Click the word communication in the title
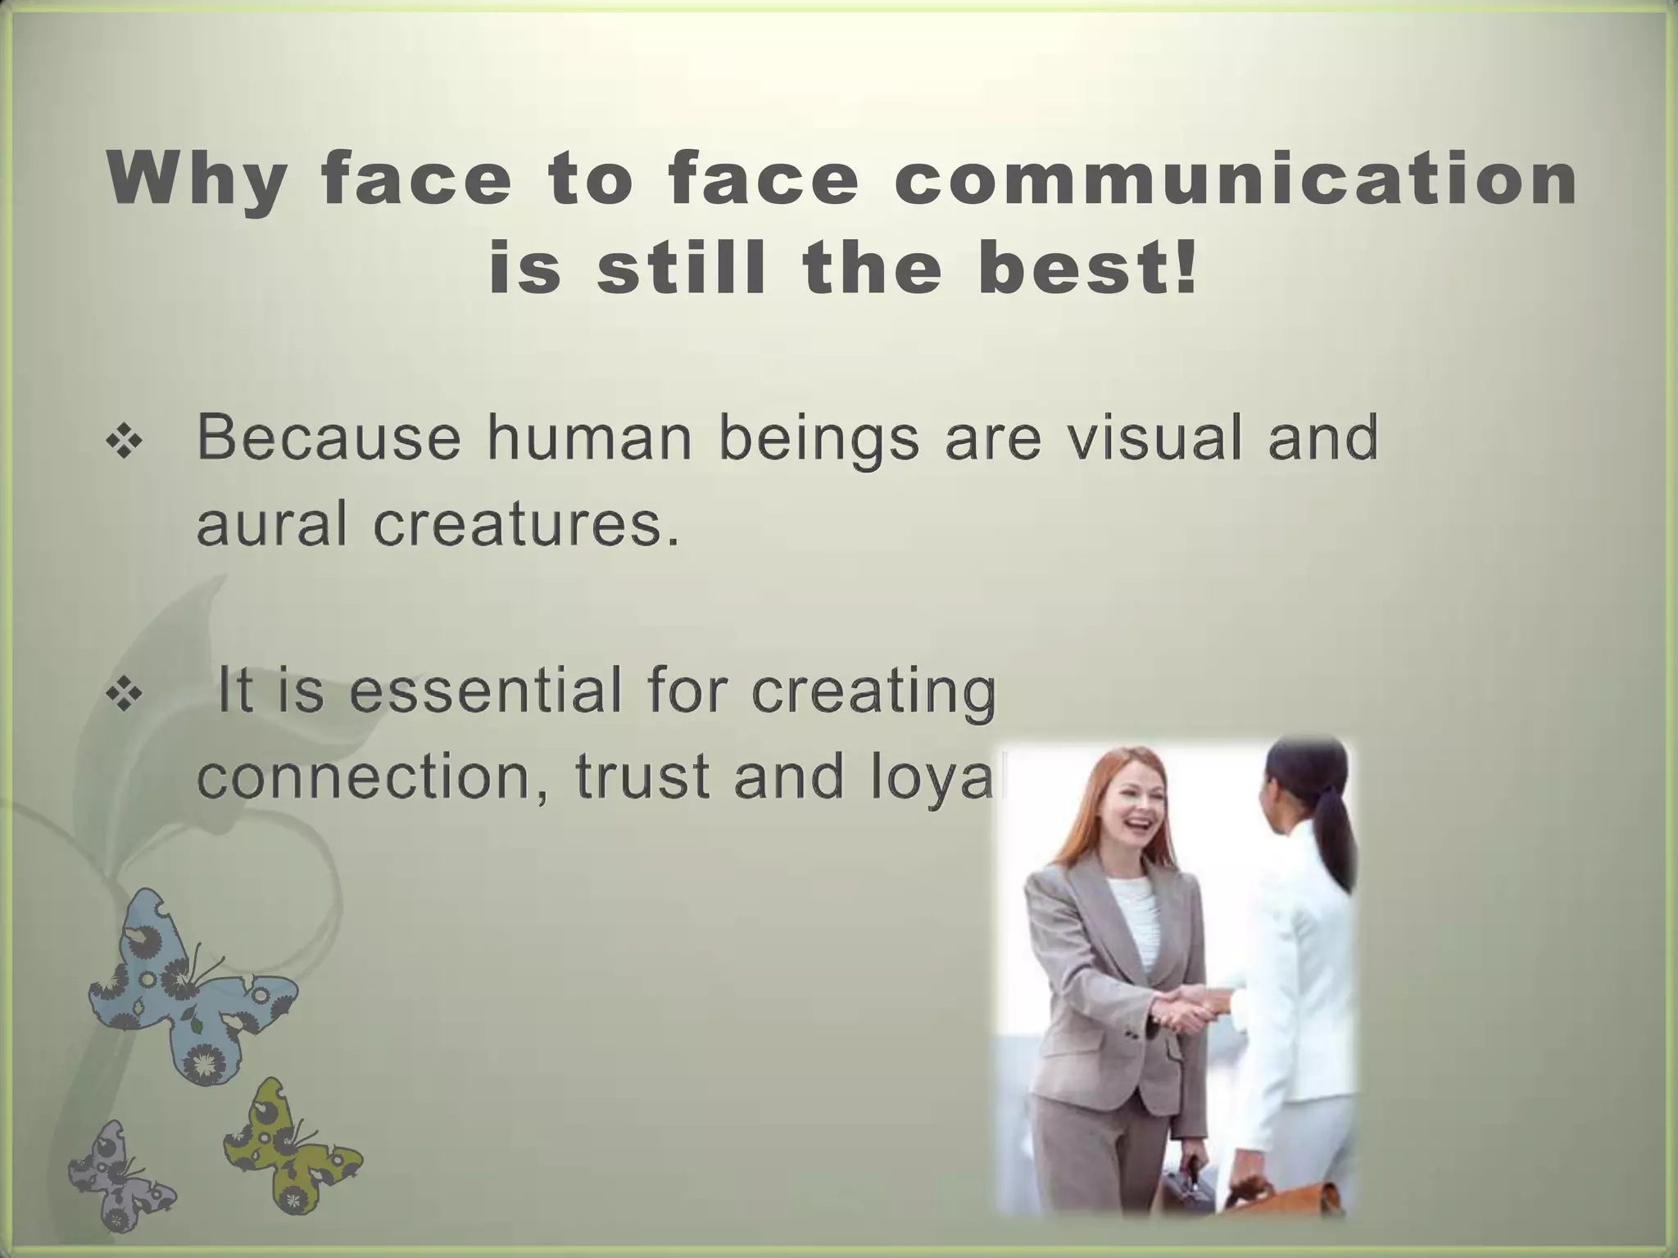tap(1236, 180)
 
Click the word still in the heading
tap(684, 269)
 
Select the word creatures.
tap(527, 524)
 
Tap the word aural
tap(271, 524)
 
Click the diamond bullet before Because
tap(125, 443)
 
